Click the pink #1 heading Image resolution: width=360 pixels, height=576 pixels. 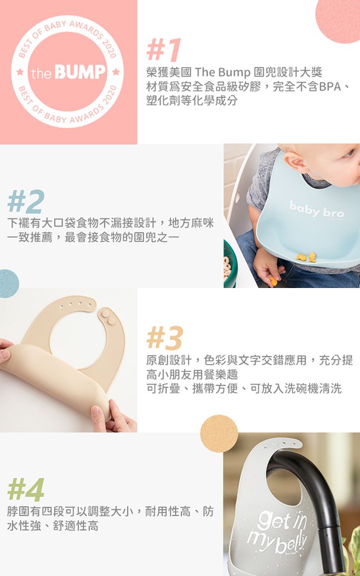tap(164, 50)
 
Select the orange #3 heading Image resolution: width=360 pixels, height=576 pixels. tap(165, 338)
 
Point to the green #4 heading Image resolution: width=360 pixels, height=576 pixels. tap(25, 490)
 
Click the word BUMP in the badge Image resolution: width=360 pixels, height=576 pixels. tap(80, 73)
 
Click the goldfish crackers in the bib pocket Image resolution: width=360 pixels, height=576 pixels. tap(307, 257)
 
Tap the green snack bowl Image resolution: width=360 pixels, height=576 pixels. tap(229, 265)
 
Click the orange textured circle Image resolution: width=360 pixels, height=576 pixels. tap(219, 433)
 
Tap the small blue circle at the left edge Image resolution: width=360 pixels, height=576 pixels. tap(8, 283)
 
